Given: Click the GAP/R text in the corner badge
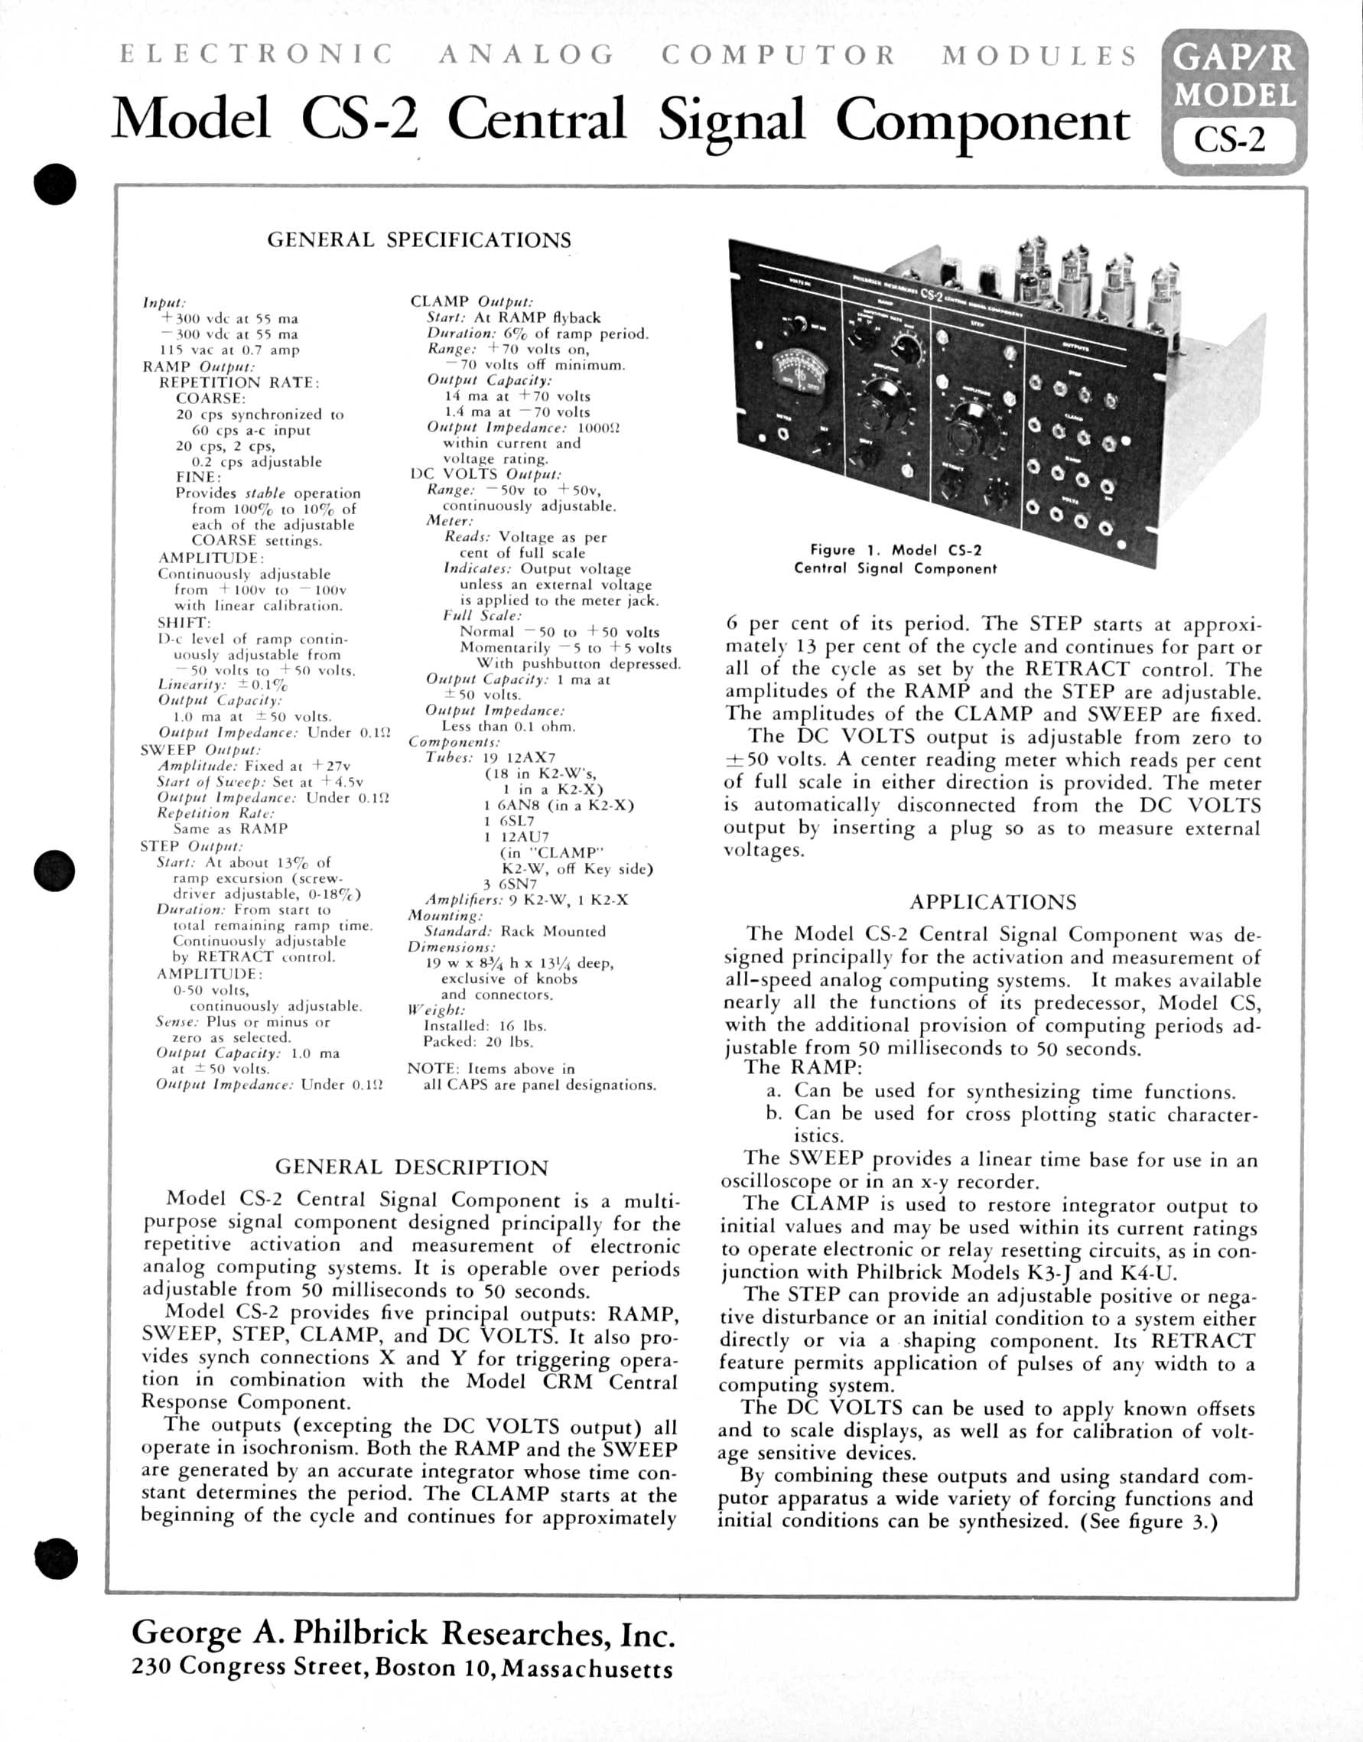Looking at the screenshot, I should [1234, 58].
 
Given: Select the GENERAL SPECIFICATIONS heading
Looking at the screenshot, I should [419, 240].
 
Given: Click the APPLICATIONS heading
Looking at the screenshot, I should [993, 903].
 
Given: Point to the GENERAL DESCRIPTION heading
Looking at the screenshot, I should [412, 1167].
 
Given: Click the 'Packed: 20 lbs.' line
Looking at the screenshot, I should [478, 1041].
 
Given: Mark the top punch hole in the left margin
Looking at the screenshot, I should [55, 185].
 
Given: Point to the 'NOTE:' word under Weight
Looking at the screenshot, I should [431, 1069].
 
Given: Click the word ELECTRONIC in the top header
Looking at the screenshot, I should [256, 54].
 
